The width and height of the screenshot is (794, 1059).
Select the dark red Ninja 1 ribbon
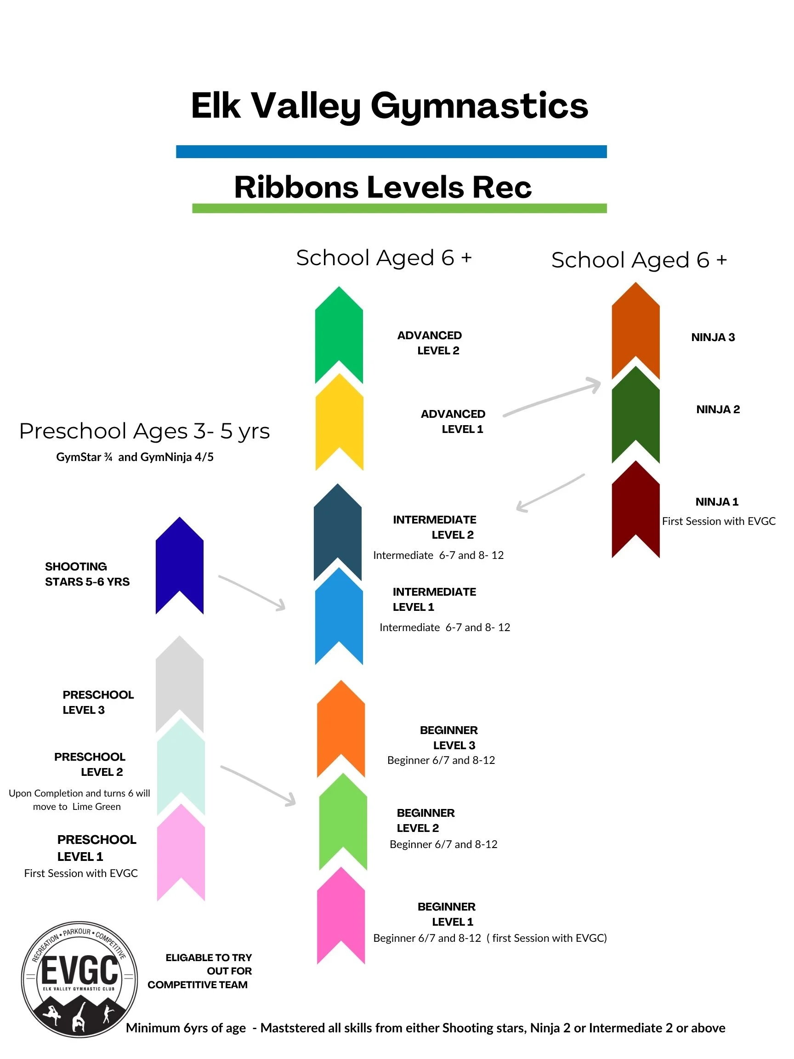[x=635, y=507]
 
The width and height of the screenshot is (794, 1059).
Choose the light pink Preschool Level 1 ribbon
[x=181, y=850]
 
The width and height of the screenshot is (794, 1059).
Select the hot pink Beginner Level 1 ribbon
[x=341, y=914]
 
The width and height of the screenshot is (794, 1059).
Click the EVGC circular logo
[x=79, y=979]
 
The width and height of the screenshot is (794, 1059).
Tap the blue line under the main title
[x=391, y=151]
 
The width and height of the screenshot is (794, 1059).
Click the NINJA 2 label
[x=717, y=410]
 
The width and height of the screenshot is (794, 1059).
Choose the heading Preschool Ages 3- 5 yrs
[x=145, y=431]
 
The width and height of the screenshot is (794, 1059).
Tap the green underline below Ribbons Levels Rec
[x=399, y=208]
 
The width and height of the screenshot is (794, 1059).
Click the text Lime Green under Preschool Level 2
[x=96, y=806]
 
